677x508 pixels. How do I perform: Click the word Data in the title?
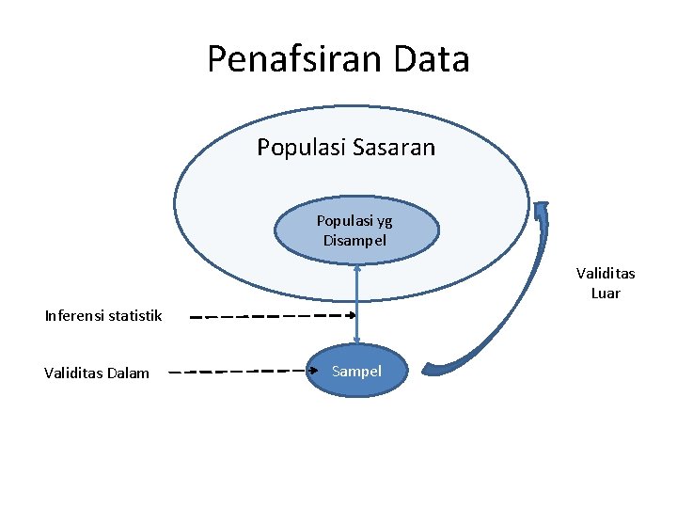click(x=433, y=59)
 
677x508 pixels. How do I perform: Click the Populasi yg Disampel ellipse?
click(x=356, y=230)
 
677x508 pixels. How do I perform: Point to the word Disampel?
click(x=354, y=240)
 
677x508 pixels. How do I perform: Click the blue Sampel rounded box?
click(x=357, y=371)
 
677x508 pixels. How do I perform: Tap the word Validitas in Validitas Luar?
click(x=606, y=274)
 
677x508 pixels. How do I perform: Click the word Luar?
click(x=606, y=293)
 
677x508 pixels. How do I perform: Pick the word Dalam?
click(x=128, y=373)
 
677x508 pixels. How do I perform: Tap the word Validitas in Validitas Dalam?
click(x=73, y=373)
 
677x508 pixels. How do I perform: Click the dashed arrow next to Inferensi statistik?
click(x=273, y=316)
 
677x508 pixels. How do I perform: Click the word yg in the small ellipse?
click(x=384, y=222)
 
